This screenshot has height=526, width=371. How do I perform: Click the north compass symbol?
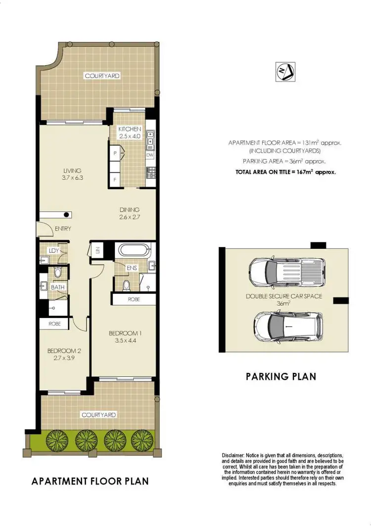pyautogui.click(x=284, y=73)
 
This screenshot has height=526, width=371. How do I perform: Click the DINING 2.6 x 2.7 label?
pyautogui.click(x=129, y=213)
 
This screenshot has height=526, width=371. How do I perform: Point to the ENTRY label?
pyautogui.click(x=63, y=229)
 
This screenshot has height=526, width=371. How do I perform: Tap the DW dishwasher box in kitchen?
pyautogui.click(x=150, y=155)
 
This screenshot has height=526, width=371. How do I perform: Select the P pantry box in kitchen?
pyautogui.click(x=115, y=153)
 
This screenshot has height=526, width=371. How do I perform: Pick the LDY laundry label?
pyautogui.click(x=54, y=250)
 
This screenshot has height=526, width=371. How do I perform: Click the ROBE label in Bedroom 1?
pyautogui.click(x=134, y=299)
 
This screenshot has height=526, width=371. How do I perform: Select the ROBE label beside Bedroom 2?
pyautogui.click(x=54, y=324)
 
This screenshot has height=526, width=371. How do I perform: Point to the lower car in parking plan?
pyautogui.click(x=288, y=326)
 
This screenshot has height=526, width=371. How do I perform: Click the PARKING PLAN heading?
pyautogui.click(x=280, y=376)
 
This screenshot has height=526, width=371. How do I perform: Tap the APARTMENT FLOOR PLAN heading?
pyautogui.click(x=90, y=481)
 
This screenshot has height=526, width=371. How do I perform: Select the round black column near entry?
pyautogui.click(x=67, y=214)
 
